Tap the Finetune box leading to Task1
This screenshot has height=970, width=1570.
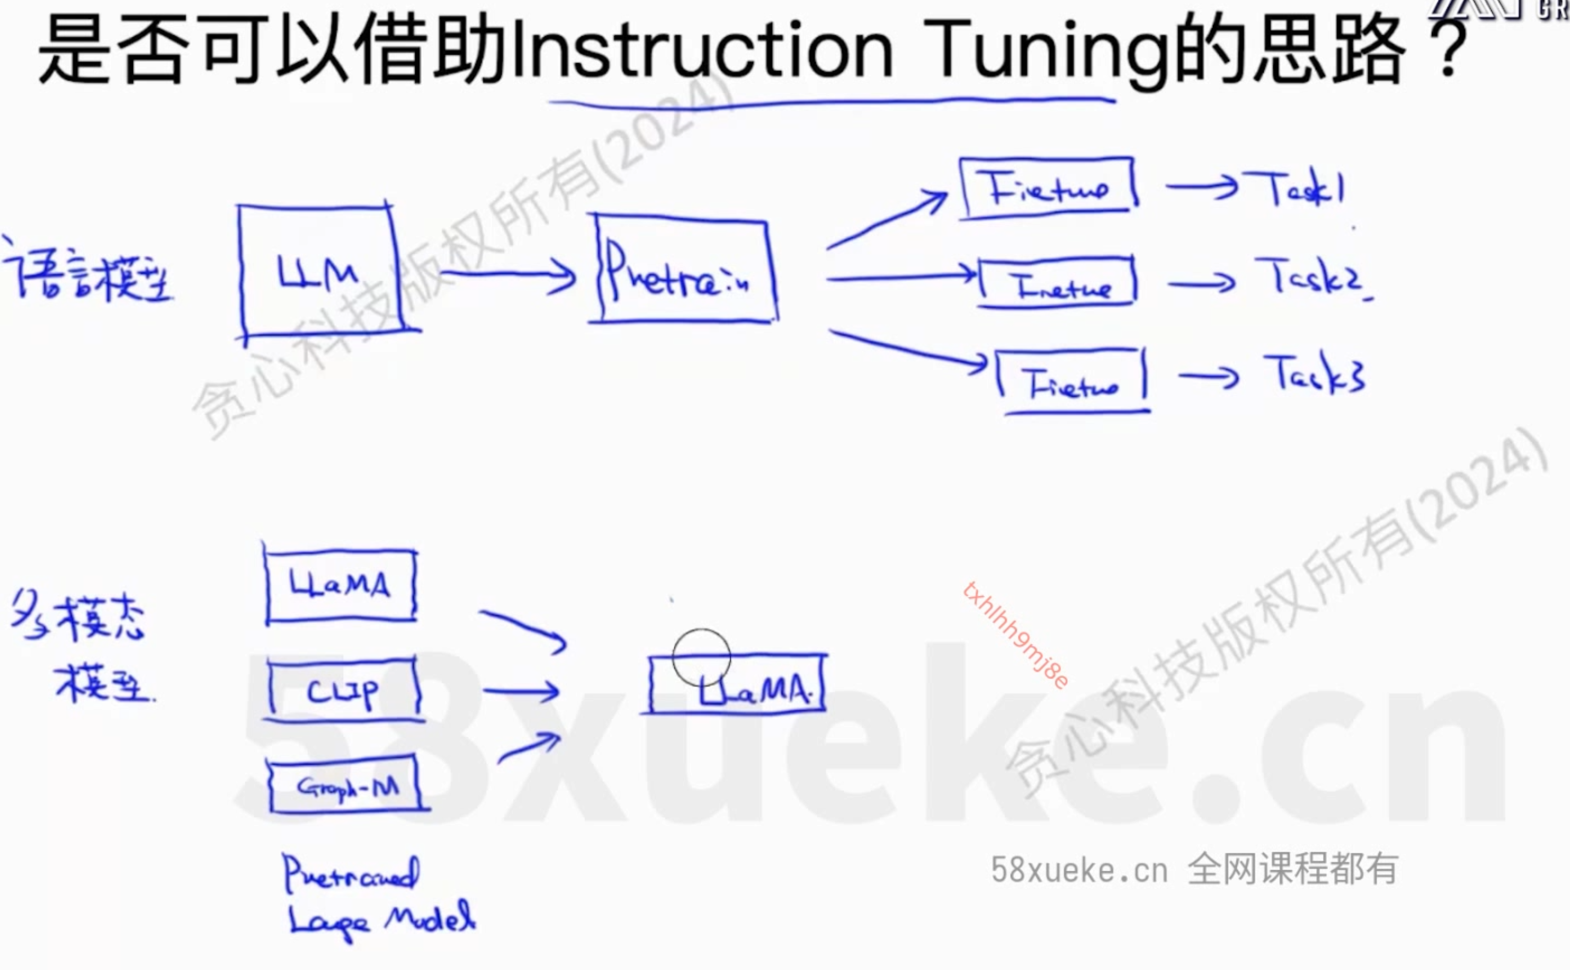1048,187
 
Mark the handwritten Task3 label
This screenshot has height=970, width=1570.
1314,375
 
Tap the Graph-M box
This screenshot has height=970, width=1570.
346,785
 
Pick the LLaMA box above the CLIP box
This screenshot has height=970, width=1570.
340,585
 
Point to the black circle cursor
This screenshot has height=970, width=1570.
701,658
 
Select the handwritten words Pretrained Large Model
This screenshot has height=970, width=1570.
378,898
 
